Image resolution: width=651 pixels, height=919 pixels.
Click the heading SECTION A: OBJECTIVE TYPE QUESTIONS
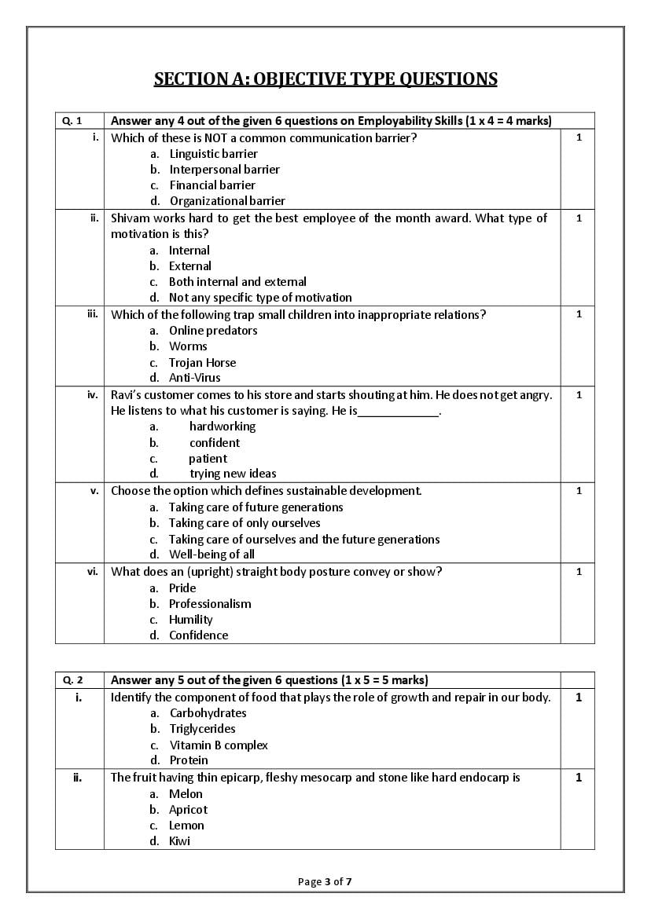tap(325, 79)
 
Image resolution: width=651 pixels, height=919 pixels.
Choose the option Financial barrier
tap(212, 185)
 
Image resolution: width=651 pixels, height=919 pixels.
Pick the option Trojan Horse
tap(202, 363)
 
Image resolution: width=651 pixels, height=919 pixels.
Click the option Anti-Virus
tap(194, 378)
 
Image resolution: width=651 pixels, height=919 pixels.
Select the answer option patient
tap(208, 459)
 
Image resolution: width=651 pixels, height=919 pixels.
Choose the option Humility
tap(190, 620)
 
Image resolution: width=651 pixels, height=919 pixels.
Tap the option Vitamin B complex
tap(219, 745)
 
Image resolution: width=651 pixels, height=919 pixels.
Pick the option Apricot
tap(188, 810)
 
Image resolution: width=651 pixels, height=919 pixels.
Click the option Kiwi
tap(179, 841)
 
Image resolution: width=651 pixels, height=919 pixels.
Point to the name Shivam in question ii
tap(130, 218)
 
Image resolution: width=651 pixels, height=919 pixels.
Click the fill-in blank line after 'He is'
tap(399, 412)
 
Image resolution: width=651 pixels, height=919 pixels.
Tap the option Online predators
tap(213, 331)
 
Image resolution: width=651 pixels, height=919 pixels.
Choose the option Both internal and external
tap(237, 282)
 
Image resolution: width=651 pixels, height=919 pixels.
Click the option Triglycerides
tap(202, 729)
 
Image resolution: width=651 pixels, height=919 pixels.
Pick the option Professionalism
tap(210, 604)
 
